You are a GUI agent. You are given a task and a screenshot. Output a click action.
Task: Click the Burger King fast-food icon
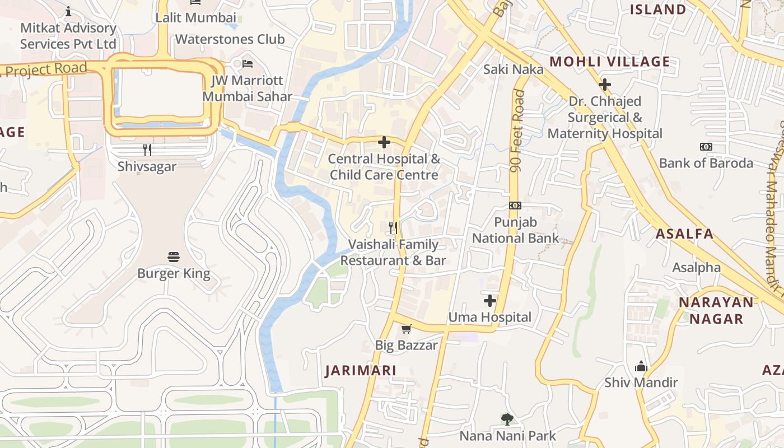174,257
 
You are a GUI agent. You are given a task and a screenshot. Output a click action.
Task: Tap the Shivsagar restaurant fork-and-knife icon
147,150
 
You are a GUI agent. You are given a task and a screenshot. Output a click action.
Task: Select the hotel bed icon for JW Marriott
248,63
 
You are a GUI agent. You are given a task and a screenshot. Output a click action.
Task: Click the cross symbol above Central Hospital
384,142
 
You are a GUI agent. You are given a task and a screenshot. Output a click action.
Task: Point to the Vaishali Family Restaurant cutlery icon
393,228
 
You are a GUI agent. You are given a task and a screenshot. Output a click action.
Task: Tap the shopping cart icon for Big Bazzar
406,329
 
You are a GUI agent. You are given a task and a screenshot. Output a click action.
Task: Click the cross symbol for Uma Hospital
490,301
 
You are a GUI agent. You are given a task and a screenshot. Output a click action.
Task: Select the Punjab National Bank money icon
515,206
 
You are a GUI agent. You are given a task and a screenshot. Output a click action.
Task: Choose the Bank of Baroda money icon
706,147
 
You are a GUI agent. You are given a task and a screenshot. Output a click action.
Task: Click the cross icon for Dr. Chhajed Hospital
605,85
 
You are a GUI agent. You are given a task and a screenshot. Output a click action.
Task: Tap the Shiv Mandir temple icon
641,367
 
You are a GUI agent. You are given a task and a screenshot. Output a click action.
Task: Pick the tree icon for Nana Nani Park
507,419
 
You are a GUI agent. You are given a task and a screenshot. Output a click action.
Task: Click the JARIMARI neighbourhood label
361,370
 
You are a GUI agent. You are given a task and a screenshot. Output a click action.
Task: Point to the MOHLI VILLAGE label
610,62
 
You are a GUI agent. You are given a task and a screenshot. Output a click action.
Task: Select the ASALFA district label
684,234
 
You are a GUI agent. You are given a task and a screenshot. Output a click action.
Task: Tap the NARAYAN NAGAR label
716,310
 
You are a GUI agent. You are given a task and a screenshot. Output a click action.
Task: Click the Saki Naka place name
514,69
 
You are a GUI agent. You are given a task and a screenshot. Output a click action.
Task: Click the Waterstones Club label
230,39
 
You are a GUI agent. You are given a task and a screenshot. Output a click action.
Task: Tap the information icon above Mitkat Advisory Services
68,11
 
